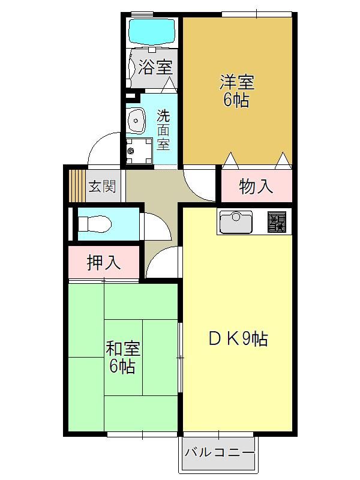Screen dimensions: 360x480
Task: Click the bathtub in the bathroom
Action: (152, 32)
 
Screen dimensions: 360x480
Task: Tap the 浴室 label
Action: (155, 67)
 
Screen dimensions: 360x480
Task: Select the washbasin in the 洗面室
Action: (136, 121)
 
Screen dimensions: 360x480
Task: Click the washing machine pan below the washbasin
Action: (139, 151)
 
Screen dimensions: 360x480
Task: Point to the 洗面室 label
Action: (163, 130)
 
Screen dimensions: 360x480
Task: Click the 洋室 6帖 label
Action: (236, 91)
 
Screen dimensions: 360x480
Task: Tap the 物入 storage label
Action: (256, 186)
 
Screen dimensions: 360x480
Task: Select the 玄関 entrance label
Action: (102, 186)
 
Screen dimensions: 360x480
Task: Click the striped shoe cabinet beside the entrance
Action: (77, 185)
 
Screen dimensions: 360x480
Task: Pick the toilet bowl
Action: (95, 224)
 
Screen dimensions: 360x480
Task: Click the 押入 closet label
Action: (103, 262)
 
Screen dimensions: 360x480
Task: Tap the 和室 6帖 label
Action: (123, 357)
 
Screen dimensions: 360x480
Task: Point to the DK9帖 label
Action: (238, 339)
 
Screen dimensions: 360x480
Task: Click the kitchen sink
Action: (236, 221)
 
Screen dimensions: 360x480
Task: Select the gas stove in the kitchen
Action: (277, 221)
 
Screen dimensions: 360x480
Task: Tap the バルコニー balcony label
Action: (219, 452)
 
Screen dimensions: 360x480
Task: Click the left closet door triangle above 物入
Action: (230, 160)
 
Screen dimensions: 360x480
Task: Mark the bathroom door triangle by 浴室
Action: (169, 85)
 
